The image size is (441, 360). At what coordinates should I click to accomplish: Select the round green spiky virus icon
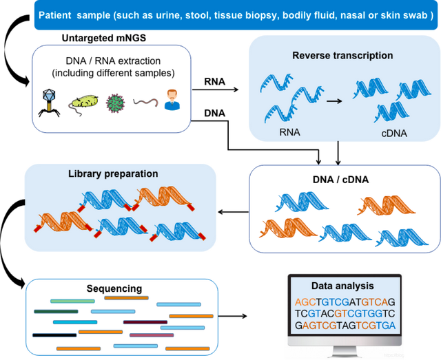pos(114,103)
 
